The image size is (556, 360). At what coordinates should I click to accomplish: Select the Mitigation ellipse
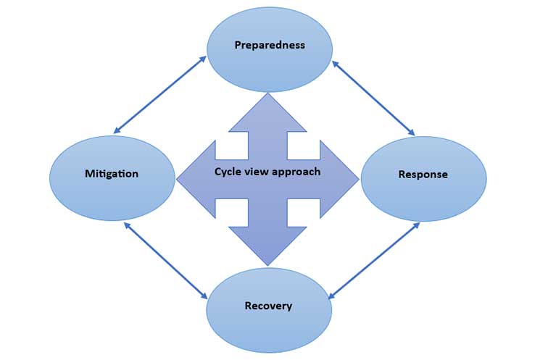pyautogui.click(x=112, y=177)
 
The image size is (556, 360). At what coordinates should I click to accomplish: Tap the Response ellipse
pyautogui.click(x=423, y=178)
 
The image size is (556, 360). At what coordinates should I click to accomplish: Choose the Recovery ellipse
pyautogui.click(x=269, y=310)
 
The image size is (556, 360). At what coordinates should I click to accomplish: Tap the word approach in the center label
pyautogui.click(x=297, y=172)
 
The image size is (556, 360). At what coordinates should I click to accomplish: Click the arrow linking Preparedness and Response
pyautogui.click(x=373, y=98)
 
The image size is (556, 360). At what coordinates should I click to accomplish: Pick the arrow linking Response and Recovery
pyautogui.click(x=374, y=261)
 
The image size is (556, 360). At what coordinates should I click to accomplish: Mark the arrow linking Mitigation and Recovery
pyautogui.click(x=166, y=261)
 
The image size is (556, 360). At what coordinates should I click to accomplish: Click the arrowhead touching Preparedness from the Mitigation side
pyautogui.click(x=204, y=58)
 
